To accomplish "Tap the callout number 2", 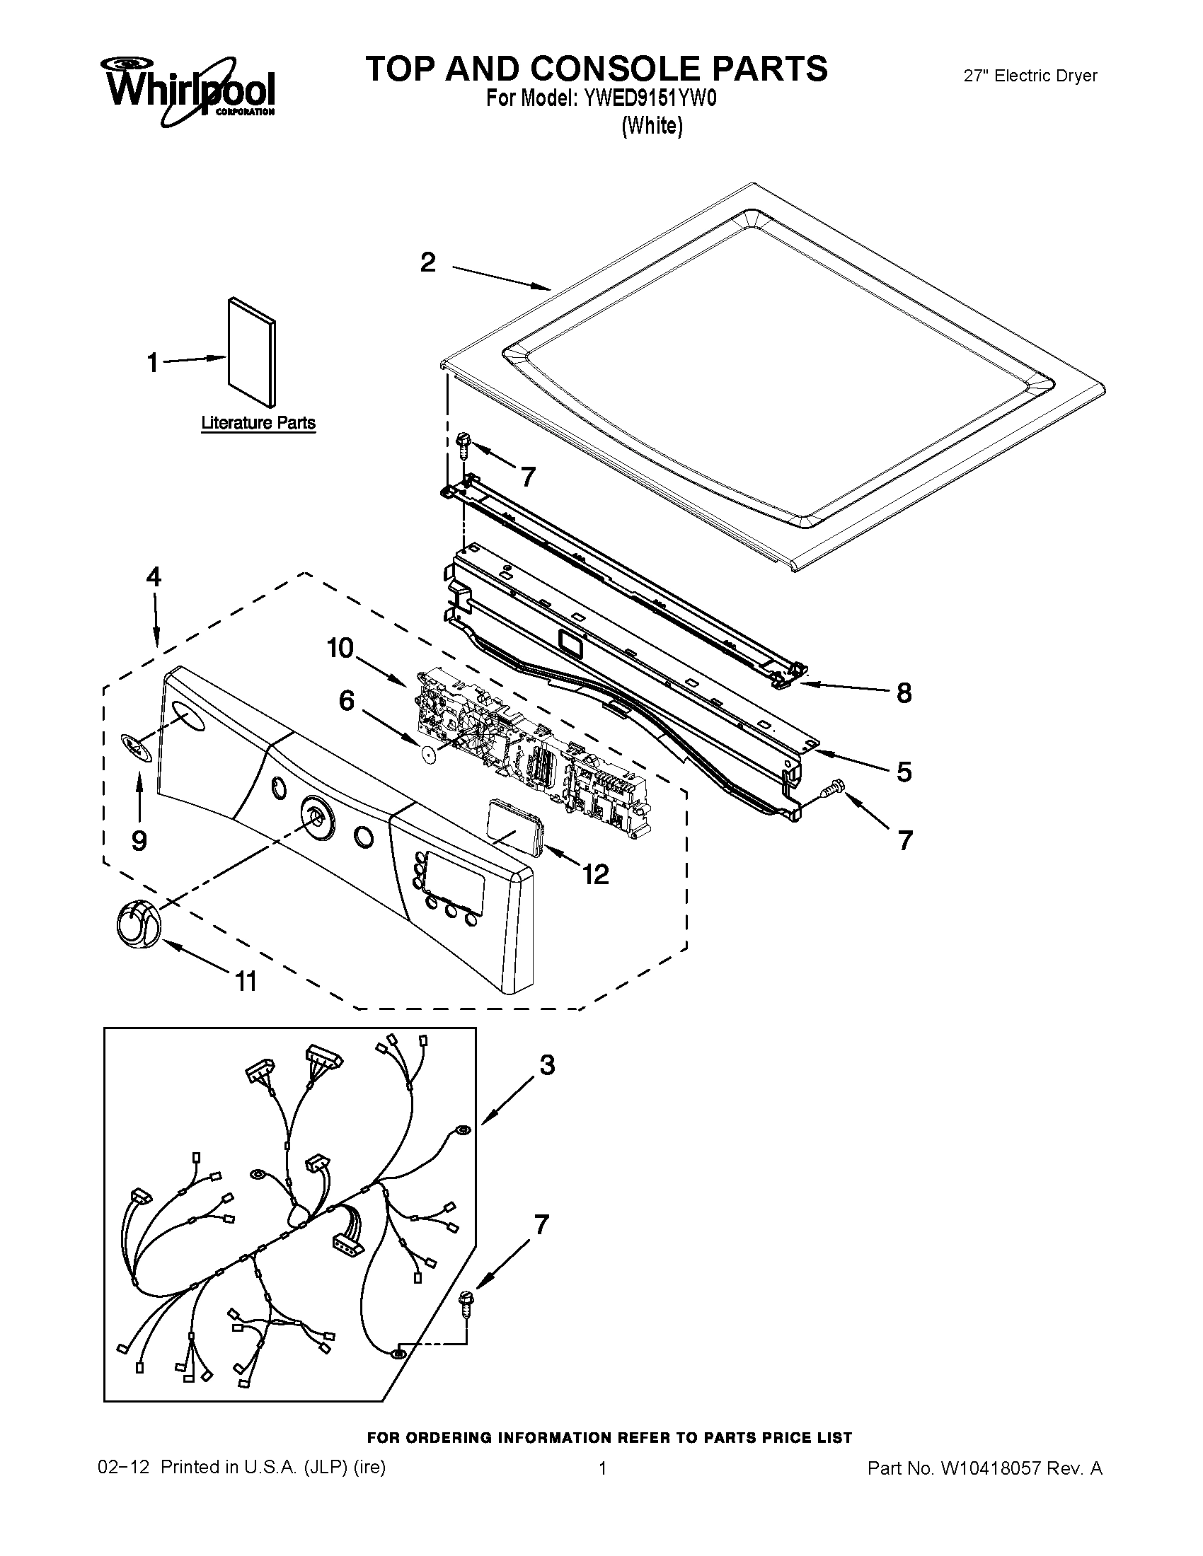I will [427, 263].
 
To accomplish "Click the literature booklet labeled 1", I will [252, 352].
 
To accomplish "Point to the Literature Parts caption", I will [258, 423].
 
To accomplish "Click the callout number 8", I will [904, 692].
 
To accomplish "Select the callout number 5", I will [904, 772].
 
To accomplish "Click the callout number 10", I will [340, 648].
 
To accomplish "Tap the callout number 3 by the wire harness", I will [546, 1085].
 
